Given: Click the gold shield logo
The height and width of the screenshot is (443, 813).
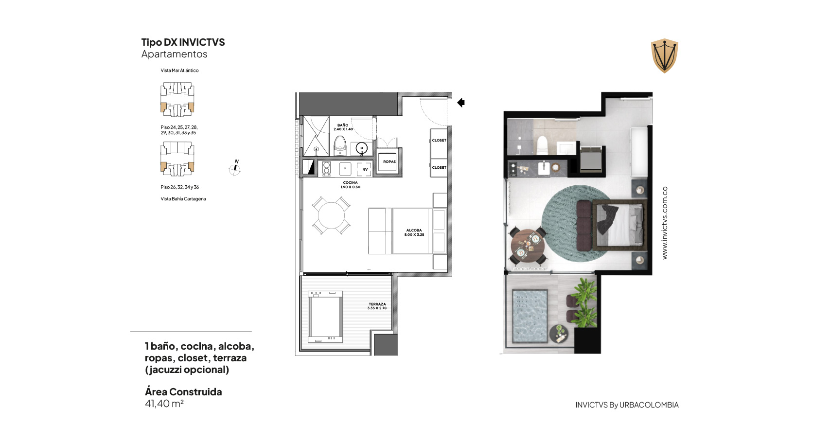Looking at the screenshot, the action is (x=665, y=55).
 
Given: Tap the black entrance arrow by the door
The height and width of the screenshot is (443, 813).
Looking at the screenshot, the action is (x=461, y=103).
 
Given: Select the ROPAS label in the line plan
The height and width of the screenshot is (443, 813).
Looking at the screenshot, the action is (x=389, y=161).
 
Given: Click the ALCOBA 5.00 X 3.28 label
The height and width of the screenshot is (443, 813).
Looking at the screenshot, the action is (x=414, y=232).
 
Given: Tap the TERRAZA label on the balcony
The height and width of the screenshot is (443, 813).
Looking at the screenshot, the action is (x=377, y=306).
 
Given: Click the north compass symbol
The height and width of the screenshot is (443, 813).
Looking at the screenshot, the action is (x=235, y=168).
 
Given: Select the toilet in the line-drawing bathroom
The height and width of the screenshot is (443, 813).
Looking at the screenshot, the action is (x=340, y=145).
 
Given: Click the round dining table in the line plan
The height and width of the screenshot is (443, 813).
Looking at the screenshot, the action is (x=331, y=216).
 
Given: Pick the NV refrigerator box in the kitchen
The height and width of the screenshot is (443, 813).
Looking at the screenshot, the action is (x=364, y=169).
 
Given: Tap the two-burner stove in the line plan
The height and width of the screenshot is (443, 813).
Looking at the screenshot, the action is (x=326, y=169).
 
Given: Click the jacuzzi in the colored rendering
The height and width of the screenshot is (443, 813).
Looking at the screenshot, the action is (x=530, y=316).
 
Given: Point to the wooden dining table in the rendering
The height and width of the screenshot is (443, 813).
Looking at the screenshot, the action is (x=528, y=246).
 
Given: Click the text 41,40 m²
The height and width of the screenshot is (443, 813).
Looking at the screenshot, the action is (x=164, y=404).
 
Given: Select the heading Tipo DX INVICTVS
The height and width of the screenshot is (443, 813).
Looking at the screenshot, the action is (x=183, y=42).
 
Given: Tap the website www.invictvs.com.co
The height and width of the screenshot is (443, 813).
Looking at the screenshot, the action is (x=665, y=223).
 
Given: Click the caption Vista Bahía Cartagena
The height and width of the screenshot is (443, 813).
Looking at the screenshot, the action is (x=183, y=198).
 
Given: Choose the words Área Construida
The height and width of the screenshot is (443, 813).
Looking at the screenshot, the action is (x=183, y=392).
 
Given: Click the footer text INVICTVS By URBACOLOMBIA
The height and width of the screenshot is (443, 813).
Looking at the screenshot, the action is (x=627, y=405).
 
